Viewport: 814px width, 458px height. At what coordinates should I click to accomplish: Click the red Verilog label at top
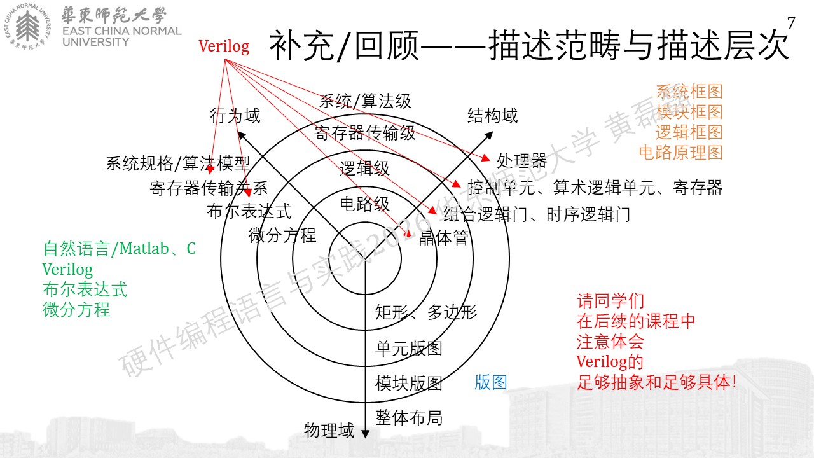point(224,46)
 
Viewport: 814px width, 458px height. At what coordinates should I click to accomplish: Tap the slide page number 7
point(791,23)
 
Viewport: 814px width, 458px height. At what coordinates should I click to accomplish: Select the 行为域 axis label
point(235,116)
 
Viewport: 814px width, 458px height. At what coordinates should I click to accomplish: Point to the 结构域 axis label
point(492,116)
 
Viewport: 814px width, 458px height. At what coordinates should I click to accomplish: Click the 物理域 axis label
point(329,431)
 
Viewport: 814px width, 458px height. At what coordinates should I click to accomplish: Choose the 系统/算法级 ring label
point(365,101)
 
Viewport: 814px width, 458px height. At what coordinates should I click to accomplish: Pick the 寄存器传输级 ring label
point(365,133)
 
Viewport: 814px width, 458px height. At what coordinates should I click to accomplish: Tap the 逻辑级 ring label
point(364,169)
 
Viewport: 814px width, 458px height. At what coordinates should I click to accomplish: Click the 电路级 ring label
point(364,204)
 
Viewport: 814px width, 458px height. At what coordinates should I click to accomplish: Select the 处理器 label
point(522,160)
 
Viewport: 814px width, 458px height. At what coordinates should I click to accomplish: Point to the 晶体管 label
point(444,238)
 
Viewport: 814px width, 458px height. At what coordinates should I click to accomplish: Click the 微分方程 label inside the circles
point(282,235)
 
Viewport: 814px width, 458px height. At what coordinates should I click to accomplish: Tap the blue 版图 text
point(490,382)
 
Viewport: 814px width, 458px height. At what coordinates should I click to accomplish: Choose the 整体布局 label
point(409,418)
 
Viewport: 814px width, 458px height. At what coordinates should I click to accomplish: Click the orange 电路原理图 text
point(680,153)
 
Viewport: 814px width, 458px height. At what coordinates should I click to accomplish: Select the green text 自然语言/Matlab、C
point(119,249)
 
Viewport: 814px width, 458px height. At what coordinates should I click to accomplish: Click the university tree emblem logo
point(27,26)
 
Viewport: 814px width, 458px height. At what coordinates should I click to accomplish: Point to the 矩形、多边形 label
point(426,312)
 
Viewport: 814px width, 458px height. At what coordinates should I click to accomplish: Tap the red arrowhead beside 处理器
point(485,158)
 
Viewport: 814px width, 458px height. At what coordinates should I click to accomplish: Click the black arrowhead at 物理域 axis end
point(365,434)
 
